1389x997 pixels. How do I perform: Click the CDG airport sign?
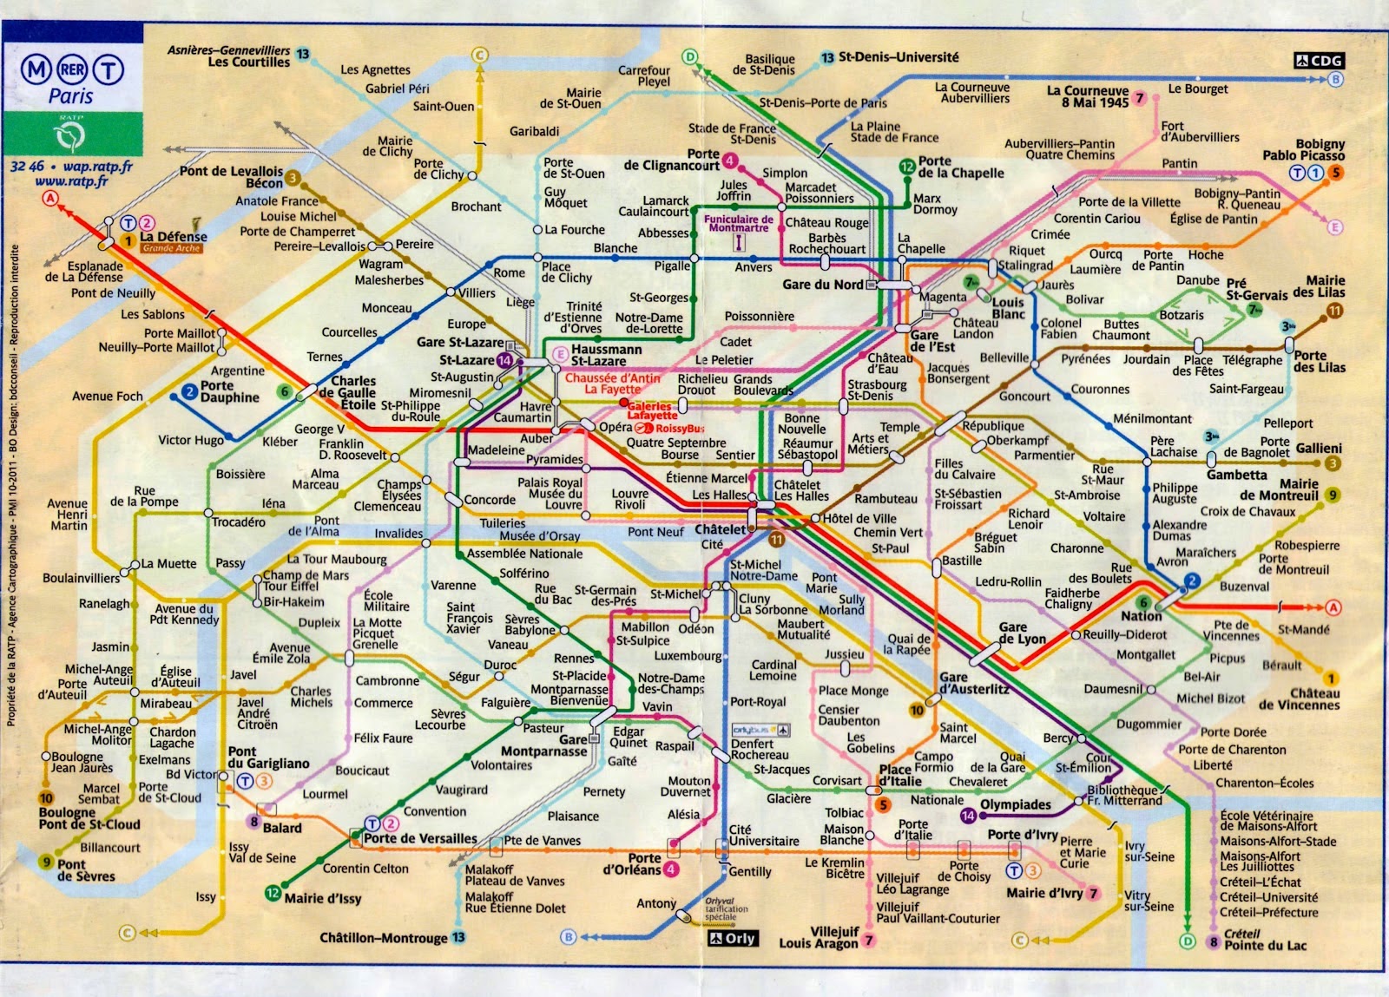click(1319, 60)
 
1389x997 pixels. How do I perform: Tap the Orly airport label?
click(733, 938)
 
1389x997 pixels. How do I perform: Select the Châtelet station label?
click(720, 529)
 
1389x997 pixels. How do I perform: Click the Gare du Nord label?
click(822, 285)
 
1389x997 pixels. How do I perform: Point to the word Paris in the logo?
click(70, 95)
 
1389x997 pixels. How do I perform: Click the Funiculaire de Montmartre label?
click(738, 224)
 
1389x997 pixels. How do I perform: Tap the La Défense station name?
click(174, 236)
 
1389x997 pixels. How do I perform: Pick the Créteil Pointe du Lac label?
click(1264, 940)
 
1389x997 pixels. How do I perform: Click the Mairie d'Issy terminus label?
click(322, 898)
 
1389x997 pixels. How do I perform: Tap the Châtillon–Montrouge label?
click(383, 938)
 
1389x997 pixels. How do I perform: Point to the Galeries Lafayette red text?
click(651, 410)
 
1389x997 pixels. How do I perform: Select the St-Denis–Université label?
click(898, 57)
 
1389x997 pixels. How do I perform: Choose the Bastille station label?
click(962, 561)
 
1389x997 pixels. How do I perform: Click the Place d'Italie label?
click(900, 775)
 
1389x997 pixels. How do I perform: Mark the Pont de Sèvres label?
click(83, 869)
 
